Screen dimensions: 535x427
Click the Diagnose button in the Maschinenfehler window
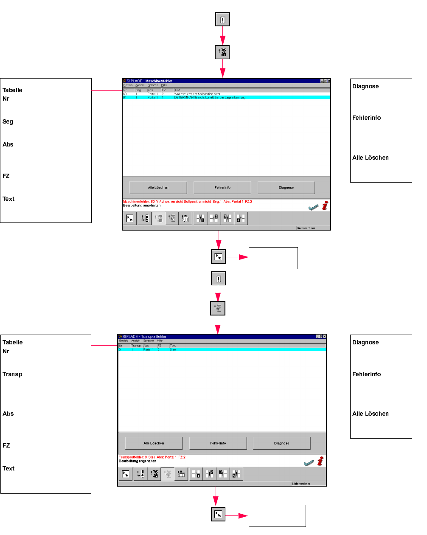coord(286,187)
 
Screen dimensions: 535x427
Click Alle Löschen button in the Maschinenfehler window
coord(158,187)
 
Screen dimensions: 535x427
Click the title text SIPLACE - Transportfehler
coord(144,336)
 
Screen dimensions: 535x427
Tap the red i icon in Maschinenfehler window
coord(325,206)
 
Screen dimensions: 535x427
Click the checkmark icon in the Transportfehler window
coord(309,462)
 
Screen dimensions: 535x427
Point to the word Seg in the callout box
coord(8,121)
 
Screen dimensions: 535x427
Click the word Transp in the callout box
coord(12,374)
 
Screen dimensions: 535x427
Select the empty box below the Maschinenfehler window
coord(273,258)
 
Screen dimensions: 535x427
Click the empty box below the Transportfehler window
coord(277,515)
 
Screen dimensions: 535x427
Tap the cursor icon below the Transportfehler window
coord(218,514)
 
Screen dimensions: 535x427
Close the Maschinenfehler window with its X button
coord(329,81)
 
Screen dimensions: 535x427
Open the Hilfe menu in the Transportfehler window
coord(160,341)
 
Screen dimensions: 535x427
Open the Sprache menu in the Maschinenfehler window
coord(153,85)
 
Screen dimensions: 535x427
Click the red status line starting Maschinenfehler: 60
coord(187,202)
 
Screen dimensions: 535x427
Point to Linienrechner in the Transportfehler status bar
coord(301,484)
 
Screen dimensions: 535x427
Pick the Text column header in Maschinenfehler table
coord(177,90)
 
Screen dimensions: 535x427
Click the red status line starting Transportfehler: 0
coord(152,457)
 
